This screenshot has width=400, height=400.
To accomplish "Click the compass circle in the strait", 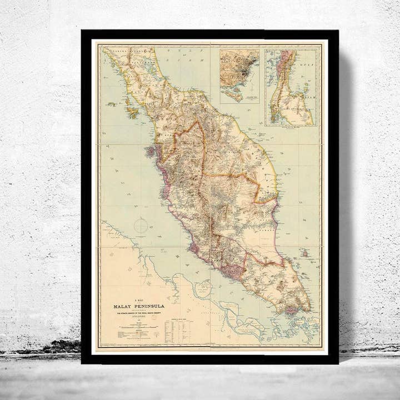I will [141, 226].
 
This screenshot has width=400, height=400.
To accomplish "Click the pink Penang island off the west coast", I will [149, 152].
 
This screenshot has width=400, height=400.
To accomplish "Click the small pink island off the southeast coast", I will [305, 253].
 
